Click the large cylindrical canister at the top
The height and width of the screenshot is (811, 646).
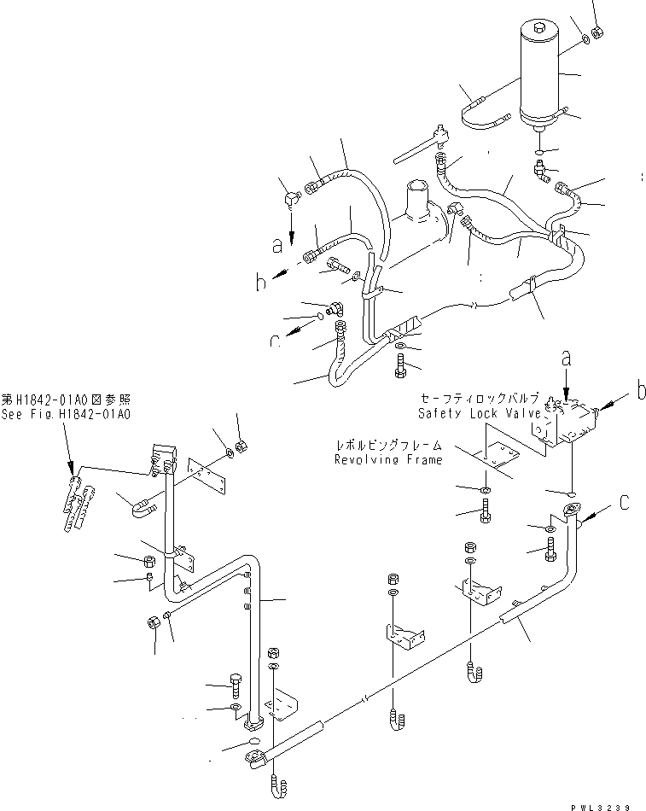(x=539, y=77)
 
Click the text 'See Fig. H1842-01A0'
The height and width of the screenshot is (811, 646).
(x=66, y=414)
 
